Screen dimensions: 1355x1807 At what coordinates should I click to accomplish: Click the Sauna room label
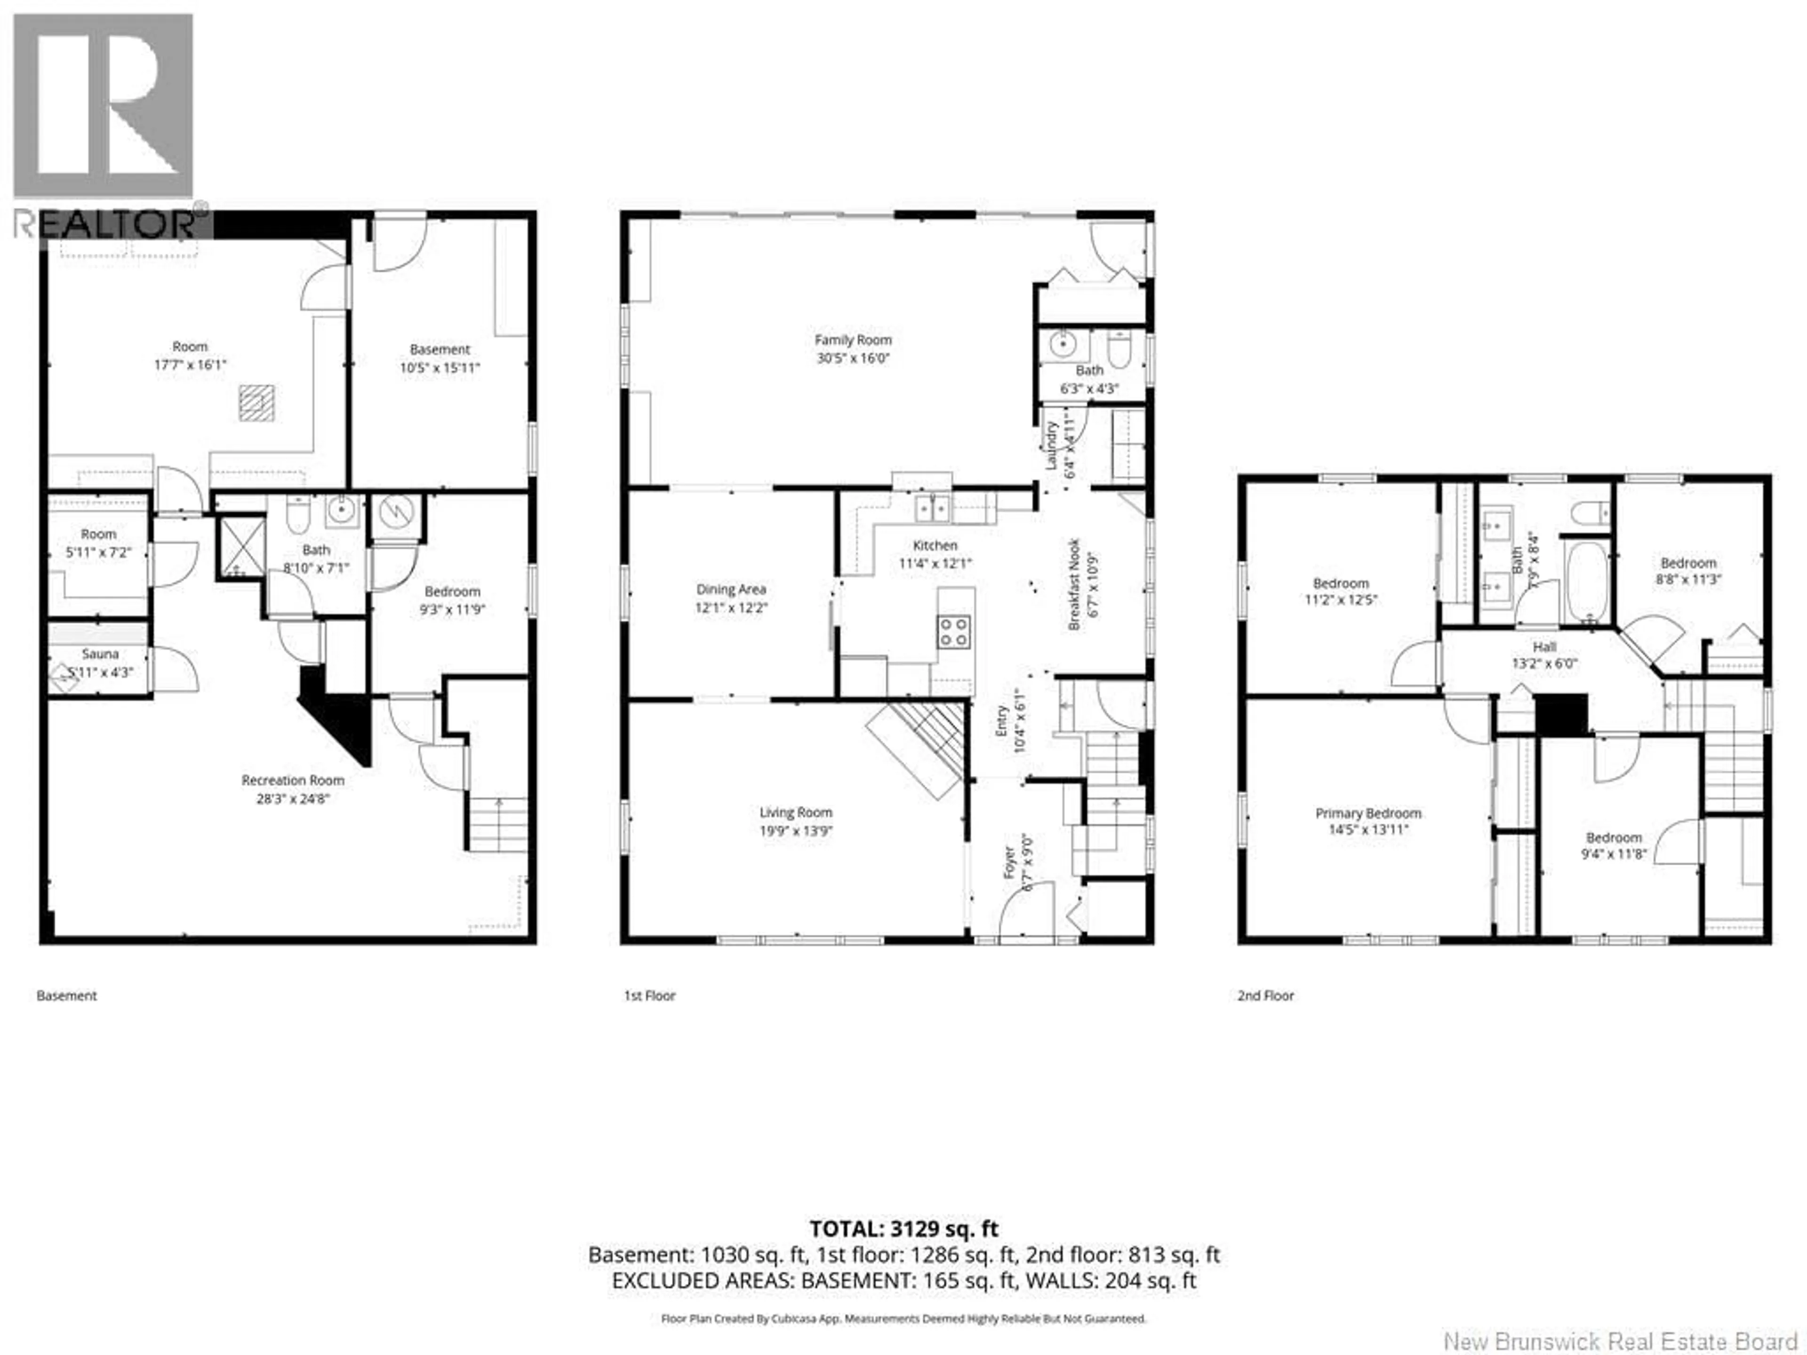[x=100, y=654]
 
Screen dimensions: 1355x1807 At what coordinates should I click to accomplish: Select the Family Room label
[x=853, y=340]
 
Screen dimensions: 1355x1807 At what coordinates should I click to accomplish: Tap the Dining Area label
[x=731, y=589]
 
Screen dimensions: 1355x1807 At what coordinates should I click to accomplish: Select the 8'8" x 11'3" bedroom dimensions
[x=1688, y=579]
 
